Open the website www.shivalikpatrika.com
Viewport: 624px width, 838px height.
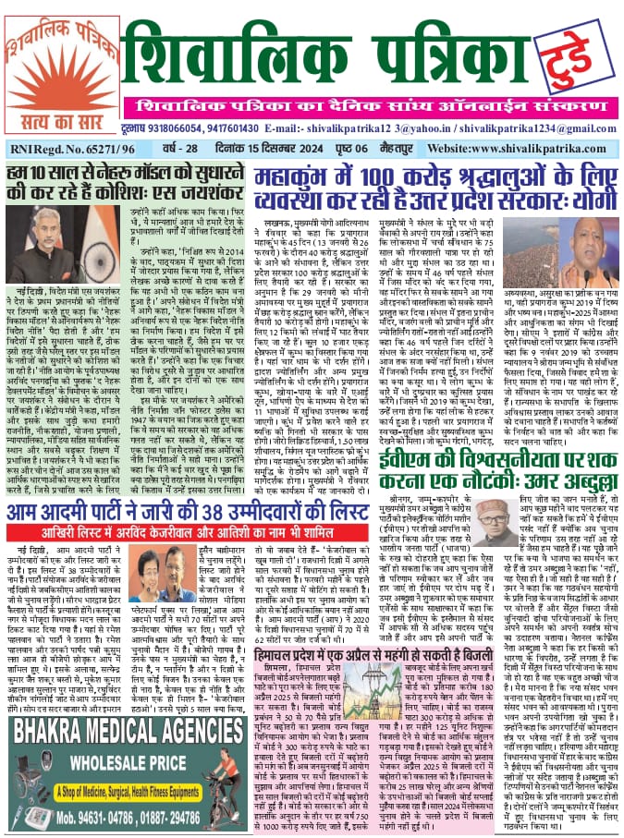click(x=512, y=147)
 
